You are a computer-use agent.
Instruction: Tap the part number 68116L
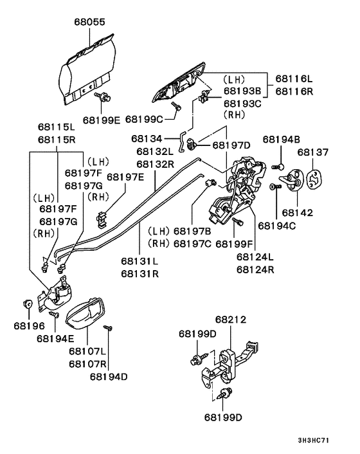click(293, 78)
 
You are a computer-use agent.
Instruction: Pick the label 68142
click(297, 212)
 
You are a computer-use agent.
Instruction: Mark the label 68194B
click(282, 139)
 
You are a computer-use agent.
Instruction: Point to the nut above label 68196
click(28, 303)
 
